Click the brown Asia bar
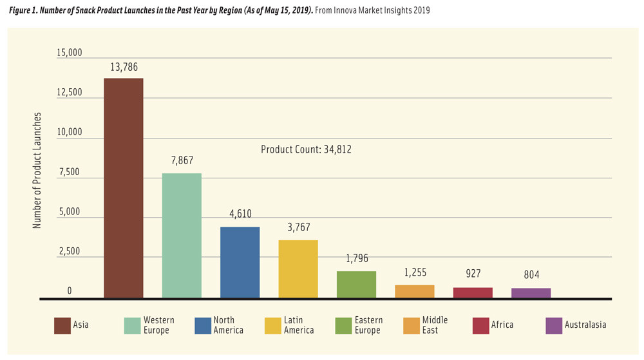124,188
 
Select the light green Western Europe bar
182,236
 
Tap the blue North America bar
240,262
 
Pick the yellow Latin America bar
298,269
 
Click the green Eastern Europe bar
356,285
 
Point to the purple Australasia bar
531,293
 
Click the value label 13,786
124,67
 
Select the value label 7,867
182,161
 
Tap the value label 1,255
415,273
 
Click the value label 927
473,274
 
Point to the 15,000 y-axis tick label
70,53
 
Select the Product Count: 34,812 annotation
306,149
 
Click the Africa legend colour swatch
480,325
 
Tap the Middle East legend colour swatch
412,325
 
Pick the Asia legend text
81,325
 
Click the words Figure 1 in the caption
25,10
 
